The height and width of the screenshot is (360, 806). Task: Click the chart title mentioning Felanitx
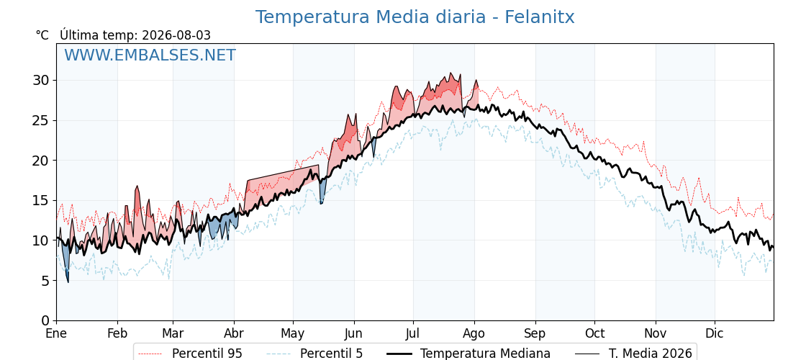click(415, 17)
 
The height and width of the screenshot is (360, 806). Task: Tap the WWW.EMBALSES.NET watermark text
click(150, 55)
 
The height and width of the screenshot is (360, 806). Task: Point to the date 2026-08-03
click(176, 35)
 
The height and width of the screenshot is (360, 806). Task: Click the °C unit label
click(42, 35)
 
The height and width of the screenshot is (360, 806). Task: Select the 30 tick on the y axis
click(41, 80)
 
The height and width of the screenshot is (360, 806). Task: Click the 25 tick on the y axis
click(41, 120)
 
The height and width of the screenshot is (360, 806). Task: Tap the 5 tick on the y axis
click(45, 281)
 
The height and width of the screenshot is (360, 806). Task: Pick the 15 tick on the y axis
click(41, 201)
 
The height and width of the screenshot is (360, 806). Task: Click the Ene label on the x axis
click(56, 334)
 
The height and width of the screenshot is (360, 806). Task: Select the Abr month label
click(234, 334)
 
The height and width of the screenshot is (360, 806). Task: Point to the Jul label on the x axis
click(413, 334)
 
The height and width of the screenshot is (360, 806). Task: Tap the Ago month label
click(474, 334)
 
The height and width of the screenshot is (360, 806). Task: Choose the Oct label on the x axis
click(594, 334)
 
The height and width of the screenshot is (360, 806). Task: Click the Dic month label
click(715, 334)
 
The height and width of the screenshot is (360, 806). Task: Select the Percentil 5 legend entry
click(315, 354)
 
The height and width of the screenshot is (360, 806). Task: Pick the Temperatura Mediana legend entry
click(468, 354)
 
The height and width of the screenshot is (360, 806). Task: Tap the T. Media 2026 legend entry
click(634, 354)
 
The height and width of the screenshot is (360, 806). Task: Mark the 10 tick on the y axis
click(41, 240)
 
